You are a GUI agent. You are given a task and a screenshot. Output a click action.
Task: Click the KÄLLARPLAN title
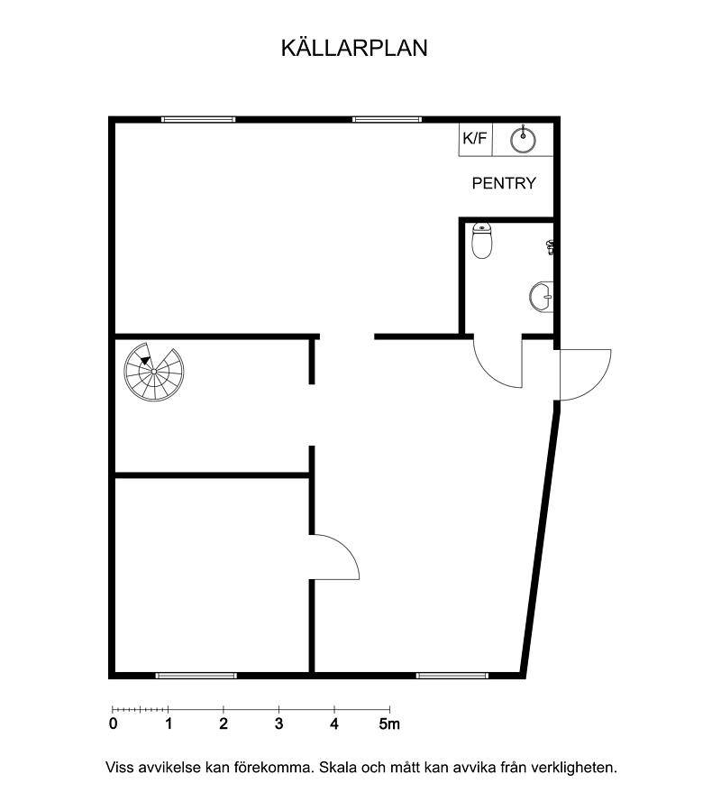tap(354, 48)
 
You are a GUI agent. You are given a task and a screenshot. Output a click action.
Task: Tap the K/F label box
tap(476, 139)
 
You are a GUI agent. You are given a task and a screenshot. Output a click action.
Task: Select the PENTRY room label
tap(504, 183)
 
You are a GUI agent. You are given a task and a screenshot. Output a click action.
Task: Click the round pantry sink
tap(523, 140)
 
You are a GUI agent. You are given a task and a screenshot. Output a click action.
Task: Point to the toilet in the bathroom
tap(481, 241)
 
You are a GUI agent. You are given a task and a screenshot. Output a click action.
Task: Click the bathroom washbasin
tap(542, 297)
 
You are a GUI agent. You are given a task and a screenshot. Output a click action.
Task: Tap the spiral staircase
tap(154, 372)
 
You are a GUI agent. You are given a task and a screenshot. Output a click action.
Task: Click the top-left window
tap(198, 119)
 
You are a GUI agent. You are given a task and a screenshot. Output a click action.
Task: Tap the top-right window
tap(388, 119)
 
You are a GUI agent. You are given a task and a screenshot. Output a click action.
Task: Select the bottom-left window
tap(196, 676)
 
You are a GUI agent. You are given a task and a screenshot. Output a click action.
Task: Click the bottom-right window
tap(452, 676)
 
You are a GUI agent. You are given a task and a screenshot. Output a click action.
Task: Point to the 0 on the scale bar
tap(114, 723)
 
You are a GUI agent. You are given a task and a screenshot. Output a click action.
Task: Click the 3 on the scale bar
tap(279, 723)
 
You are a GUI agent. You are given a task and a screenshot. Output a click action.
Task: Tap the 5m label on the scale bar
tap(389, 723)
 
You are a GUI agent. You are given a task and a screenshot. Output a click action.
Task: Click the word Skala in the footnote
tap(337, 768)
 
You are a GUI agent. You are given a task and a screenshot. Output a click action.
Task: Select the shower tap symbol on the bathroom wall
tap(551, 247)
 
